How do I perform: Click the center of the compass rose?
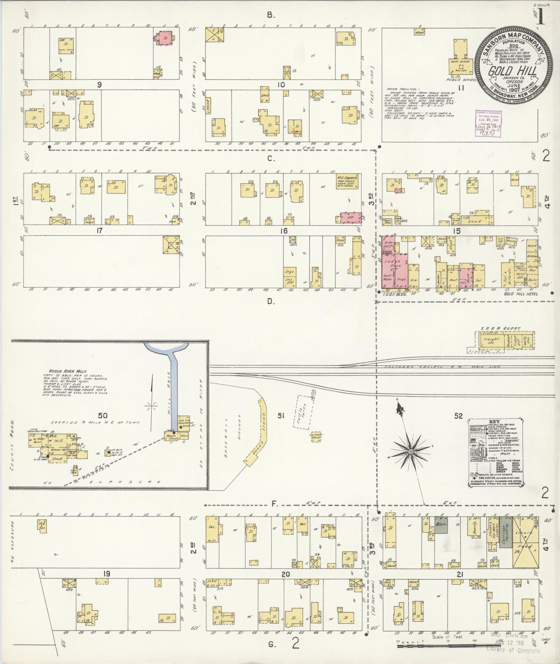tap(410, 451)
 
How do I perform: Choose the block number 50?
tap(103, 415)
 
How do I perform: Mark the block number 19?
tap(106, 574)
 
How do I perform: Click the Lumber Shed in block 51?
tap(316, 436)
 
